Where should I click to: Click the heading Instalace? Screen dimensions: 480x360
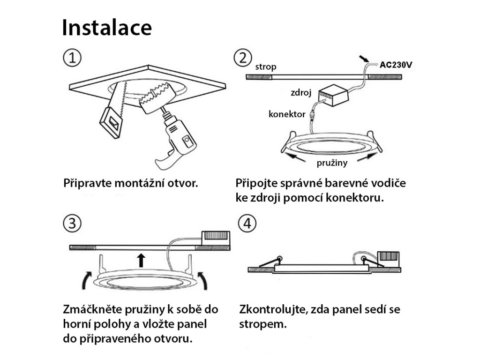click(107, 28)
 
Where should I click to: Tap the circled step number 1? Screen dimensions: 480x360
click(72, 58)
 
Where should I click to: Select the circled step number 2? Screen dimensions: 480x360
click(243, 58)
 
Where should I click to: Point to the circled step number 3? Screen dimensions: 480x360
click(72, 223)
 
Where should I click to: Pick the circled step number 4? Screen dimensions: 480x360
click(247, 223)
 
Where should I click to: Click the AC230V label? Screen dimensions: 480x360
click(396, 65)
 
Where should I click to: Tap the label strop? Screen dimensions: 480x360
click(266, 67)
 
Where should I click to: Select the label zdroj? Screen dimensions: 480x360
click(301, 92)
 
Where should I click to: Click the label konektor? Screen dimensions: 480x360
click(287, 114)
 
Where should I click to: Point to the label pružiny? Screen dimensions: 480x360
click(332, 163)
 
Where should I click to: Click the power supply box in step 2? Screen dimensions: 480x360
click(333, 95)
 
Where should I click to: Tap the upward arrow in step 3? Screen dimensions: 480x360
click(141, 260)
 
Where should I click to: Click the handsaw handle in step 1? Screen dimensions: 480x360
click(111, 122)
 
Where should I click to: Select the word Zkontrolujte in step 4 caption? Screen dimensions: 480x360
click(273, 309)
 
